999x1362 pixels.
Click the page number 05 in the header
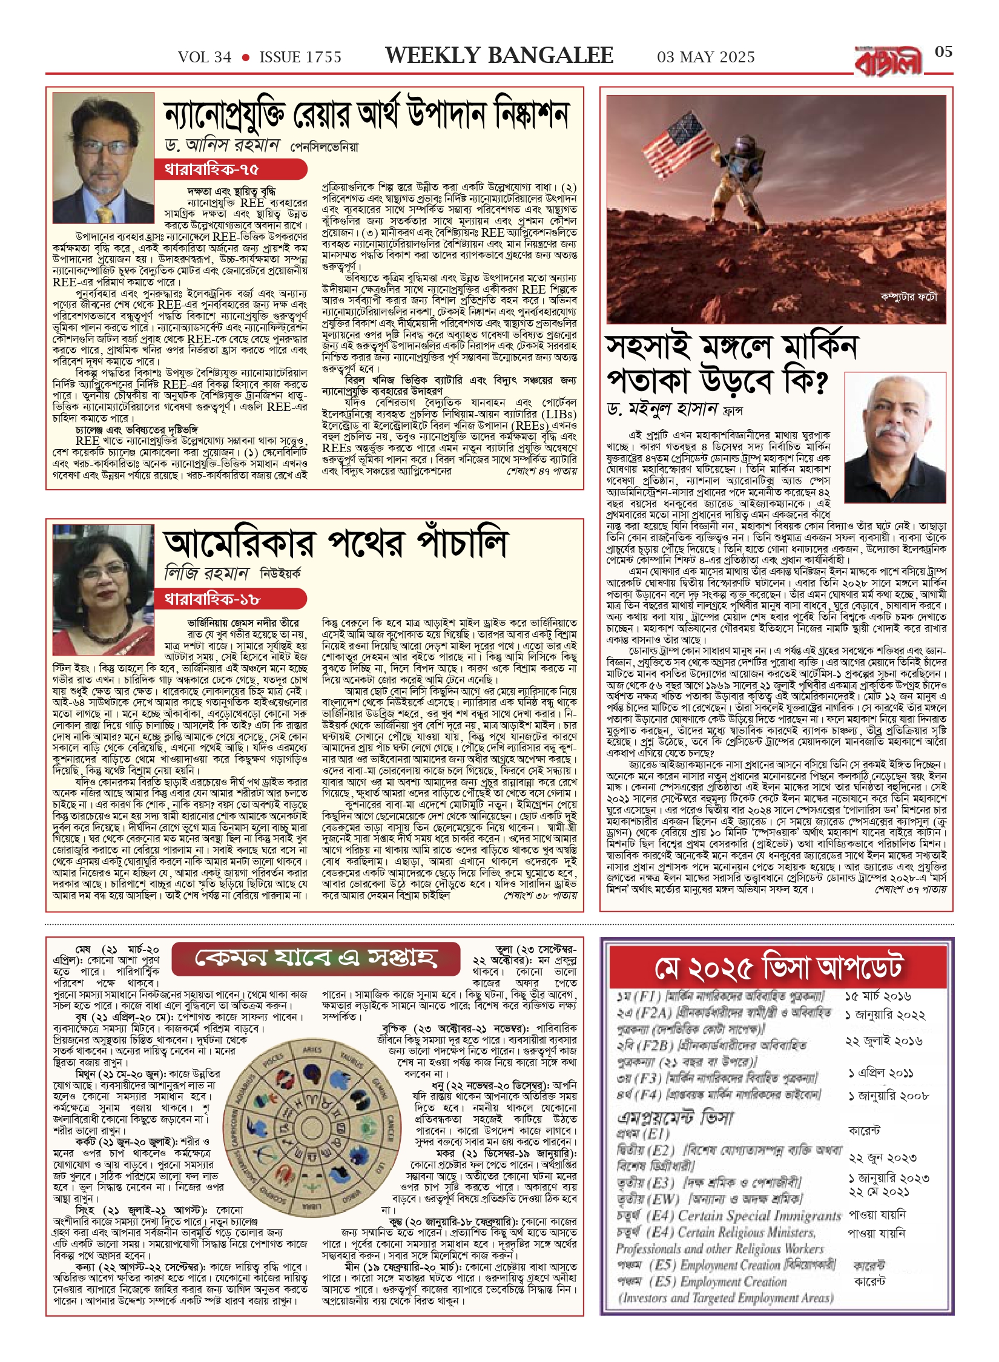(x=943, y=52)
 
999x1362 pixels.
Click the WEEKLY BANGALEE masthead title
(x=499, y=56)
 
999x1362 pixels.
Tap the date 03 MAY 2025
(x=705, y=58)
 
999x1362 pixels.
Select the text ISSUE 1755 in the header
(x=300, y=58)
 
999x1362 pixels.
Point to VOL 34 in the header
(x=205, y=58)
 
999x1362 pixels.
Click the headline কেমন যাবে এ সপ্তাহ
(x=315, y=958)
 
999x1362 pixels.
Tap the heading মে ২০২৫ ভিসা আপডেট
(x=777, y=968)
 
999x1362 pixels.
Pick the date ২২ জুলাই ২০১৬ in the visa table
(x=883, y=1041)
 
